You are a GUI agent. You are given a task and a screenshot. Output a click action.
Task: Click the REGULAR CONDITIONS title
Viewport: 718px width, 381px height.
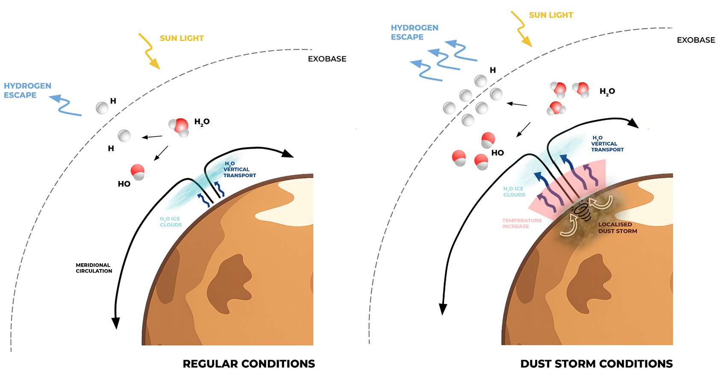249,364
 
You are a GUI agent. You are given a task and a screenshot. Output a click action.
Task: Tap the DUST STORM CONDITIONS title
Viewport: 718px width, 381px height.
596,364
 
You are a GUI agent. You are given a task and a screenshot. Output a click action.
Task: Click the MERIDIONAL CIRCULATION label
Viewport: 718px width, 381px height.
94,268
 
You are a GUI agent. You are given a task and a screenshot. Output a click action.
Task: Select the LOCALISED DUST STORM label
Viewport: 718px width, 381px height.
617,228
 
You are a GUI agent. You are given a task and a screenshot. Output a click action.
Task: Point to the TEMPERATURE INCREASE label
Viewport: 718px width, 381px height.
521,223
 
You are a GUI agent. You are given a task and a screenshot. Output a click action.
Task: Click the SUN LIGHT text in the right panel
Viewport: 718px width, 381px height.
550,15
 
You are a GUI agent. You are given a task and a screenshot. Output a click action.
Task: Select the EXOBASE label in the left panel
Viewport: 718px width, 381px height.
327,59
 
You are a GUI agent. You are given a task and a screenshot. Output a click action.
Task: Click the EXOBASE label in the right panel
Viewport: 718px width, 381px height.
695,40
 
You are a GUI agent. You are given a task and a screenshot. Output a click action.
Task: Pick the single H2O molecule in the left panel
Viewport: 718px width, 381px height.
179,127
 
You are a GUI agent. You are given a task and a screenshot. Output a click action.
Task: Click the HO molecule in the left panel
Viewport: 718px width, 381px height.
138,172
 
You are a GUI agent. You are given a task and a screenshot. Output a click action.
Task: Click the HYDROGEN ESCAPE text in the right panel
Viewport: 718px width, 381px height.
414,32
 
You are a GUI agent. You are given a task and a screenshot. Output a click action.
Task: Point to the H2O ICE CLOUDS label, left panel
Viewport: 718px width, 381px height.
171,222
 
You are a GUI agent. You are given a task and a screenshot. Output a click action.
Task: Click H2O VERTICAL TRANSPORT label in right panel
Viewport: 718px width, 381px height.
607,144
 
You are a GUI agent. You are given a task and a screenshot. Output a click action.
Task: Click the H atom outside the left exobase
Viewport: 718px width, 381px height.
102,108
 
